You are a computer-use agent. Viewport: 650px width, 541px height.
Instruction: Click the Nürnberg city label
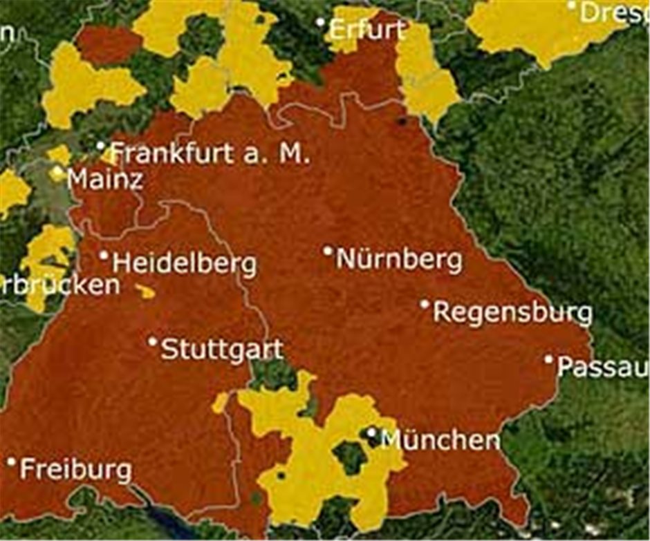click(399, 260)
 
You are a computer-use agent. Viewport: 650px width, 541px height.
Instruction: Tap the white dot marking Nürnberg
click(328, 251)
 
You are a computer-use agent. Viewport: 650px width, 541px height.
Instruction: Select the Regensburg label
click(512, 313)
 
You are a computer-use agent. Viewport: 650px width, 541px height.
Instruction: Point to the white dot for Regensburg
click(425, 304)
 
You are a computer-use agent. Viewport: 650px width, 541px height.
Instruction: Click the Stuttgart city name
click(221, 350)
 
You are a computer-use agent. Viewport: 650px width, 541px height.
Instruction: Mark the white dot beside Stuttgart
click(153, 341)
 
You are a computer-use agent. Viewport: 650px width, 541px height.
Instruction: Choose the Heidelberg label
click(184, 264)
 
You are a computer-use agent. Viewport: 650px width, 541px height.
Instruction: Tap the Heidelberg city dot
click(104, 256)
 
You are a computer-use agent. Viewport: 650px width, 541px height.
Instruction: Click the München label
click(440, 440)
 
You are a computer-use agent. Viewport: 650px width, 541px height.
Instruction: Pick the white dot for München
click(371, 433)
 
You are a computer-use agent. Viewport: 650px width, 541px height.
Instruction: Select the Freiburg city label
click(75, 471)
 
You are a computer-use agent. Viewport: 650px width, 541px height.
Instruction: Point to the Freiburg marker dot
click(11, 462)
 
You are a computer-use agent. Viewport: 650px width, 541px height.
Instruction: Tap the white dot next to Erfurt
click(320, 22)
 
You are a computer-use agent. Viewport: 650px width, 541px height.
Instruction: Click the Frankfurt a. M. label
click(207, 153)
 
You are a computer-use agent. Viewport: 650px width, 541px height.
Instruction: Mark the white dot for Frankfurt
click(101, 146)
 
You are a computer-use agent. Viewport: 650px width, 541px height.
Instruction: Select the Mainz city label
click(106, 180)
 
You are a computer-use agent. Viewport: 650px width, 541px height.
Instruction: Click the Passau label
click(602, 368)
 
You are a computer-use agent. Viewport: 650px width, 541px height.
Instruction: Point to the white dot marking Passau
click(548, 359)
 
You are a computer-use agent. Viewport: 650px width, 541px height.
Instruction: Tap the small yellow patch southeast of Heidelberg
click(145, 292)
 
